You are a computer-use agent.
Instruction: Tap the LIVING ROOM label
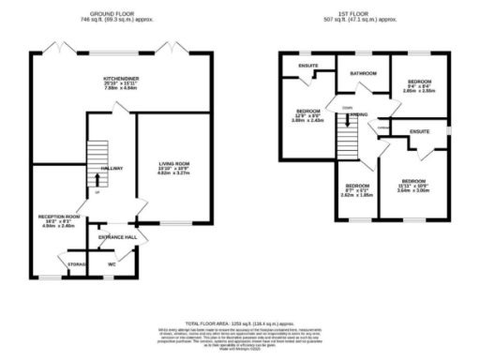172,164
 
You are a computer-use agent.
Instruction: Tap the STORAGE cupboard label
77,265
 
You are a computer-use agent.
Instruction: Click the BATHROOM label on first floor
363,73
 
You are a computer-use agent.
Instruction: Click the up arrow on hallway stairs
96,193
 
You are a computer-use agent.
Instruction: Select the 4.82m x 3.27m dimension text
172,175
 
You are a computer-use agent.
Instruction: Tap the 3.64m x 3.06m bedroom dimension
413,189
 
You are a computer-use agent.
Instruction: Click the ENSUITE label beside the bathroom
307,66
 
